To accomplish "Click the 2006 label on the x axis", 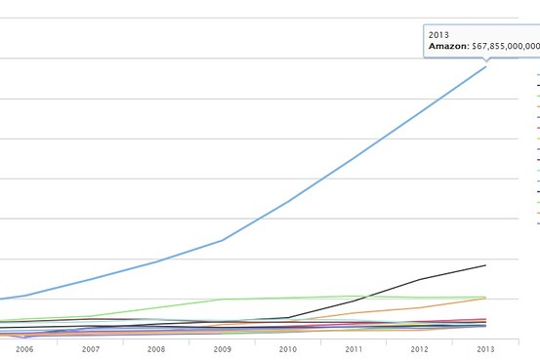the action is click(x=24, y=349).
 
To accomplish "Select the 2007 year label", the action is click(x=91, y=349).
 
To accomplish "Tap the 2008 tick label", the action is click(x=156, y=349).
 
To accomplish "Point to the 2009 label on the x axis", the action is click(x=222, y=349).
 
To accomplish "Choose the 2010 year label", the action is click(x=288, y=349).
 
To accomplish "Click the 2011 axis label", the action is click(x=353, y=349).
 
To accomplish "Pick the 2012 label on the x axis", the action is click(x=420, y=349).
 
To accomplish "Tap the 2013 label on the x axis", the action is click(x=485, y=349).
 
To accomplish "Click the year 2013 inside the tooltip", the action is click(x=438, y=35).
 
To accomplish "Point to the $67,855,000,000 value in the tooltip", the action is click(x=506, y=46).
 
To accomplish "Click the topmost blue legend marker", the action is click(x=538, y=74).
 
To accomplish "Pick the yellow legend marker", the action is click(x=538, y=139).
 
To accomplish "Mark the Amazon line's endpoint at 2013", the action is click(x=485, y=66).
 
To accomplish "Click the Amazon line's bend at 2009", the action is click(x=222, y=240).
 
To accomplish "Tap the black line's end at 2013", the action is click(x=485, y=265).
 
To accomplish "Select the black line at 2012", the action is click(x=420, y=279).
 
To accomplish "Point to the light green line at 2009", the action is click(x=222, y=300).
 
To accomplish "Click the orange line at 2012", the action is click(x=420, y=307).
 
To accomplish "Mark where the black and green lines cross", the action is click(x=366, y=297).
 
